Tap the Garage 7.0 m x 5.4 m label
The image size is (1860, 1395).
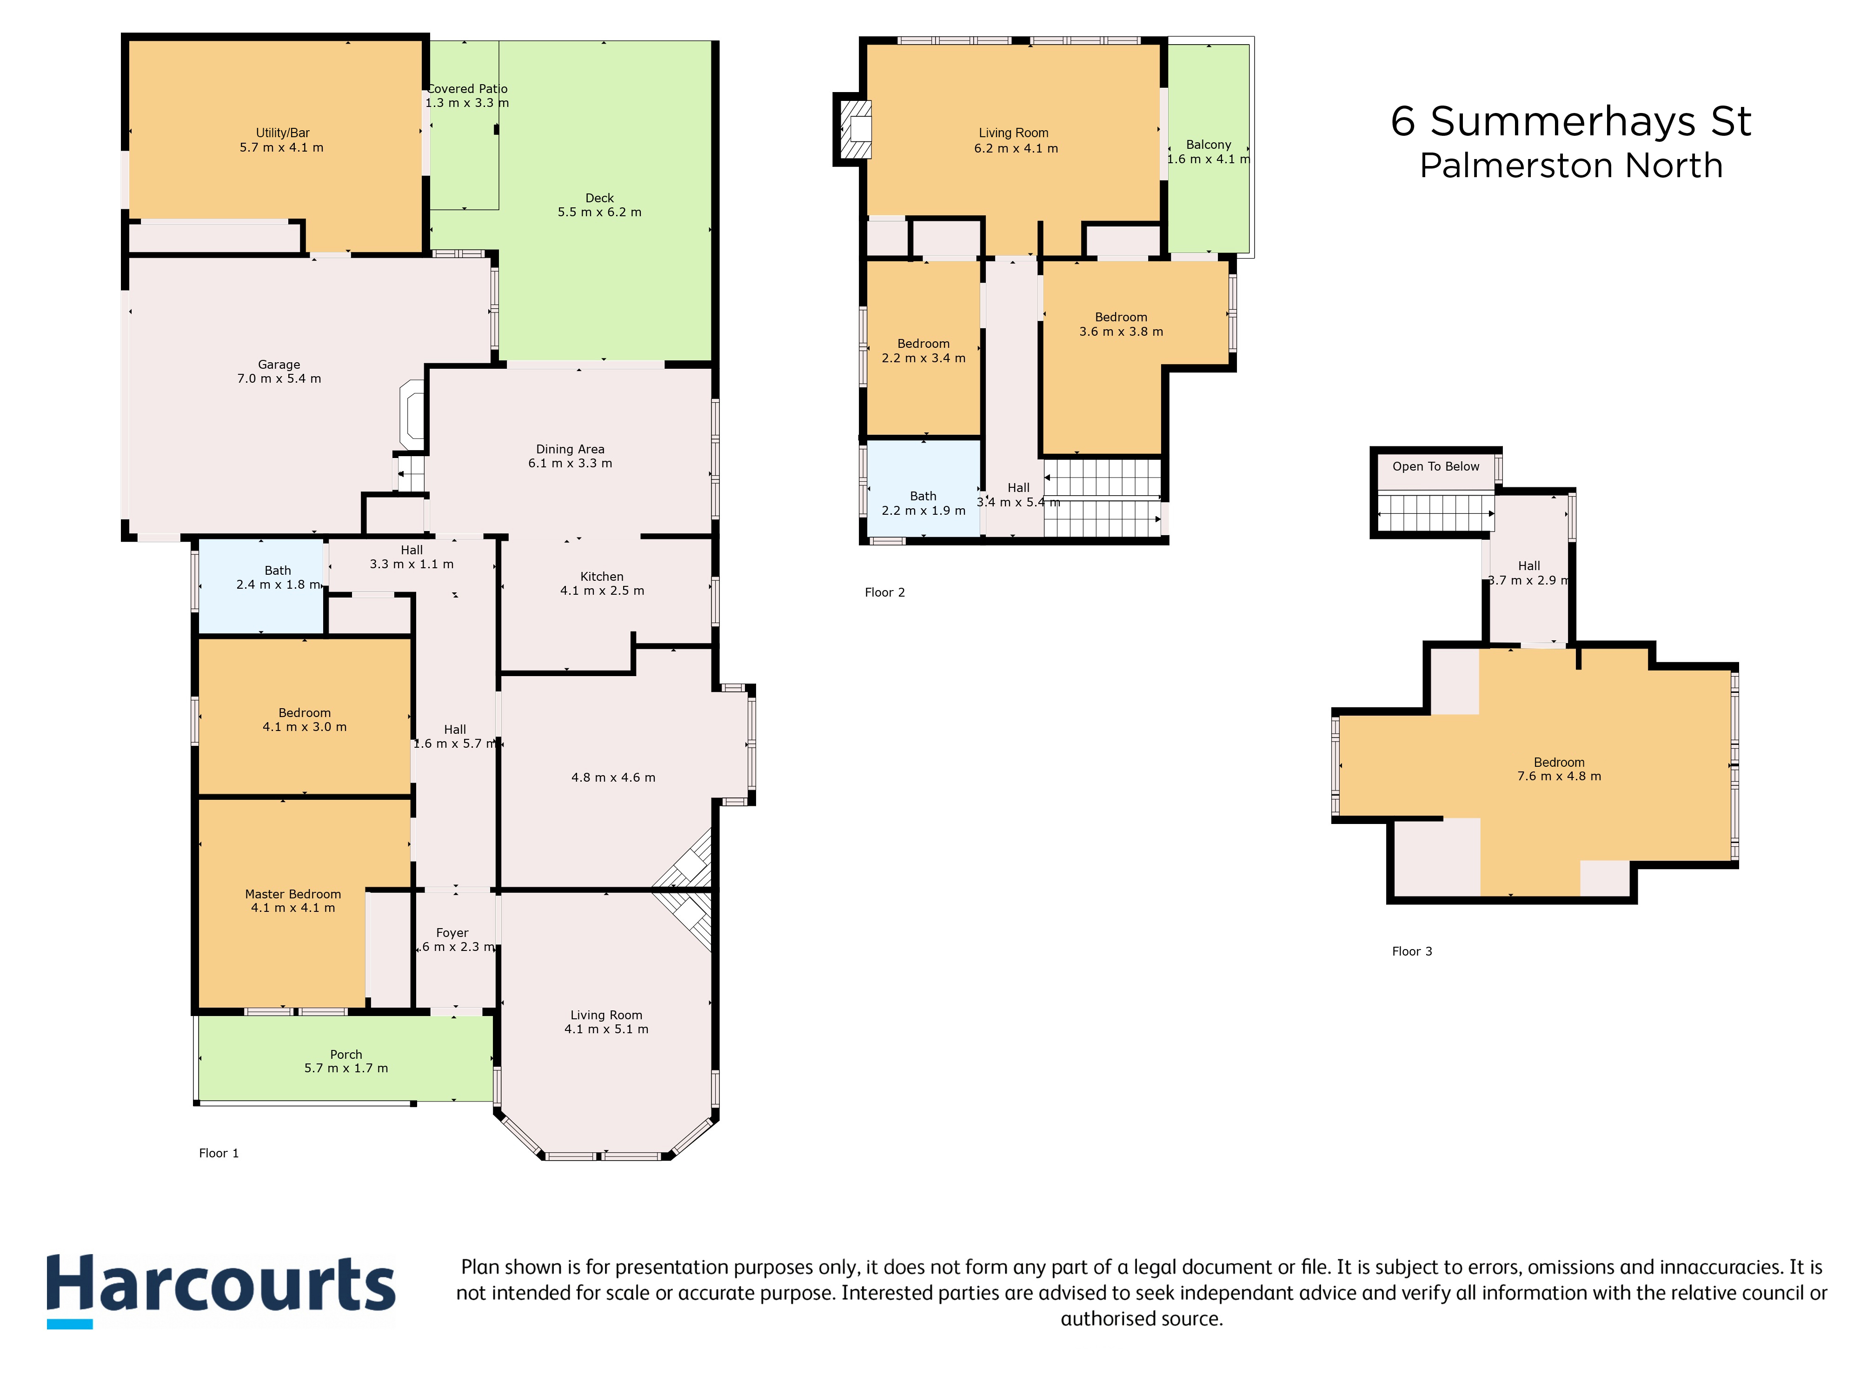(279, 372)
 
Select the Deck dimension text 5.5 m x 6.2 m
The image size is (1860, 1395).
(599, 212)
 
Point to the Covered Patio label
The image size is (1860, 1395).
(467, 89)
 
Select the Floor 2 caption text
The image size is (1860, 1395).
(884, 593)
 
